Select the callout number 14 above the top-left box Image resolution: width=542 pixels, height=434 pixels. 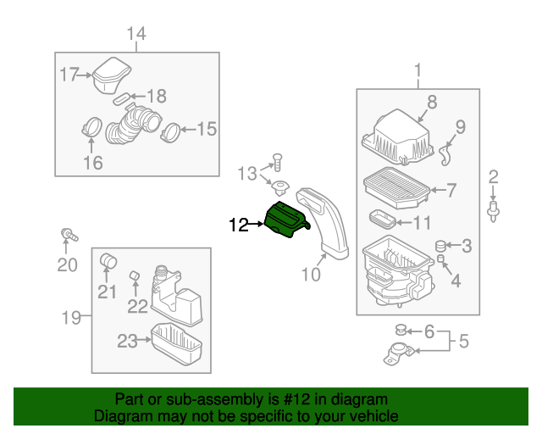[136, 33]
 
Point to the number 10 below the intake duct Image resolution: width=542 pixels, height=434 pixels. [311, 274]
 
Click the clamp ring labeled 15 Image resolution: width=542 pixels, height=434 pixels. [170, 131]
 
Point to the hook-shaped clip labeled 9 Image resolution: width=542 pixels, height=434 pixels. [445, 153]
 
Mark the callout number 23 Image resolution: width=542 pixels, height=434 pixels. [127, 341]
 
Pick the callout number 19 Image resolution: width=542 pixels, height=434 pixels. [72, 318]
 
